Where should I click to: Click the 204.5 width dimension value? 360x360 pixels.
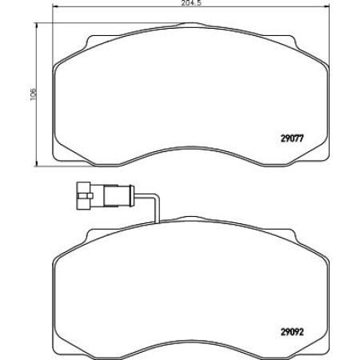(x=180, y=5)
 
